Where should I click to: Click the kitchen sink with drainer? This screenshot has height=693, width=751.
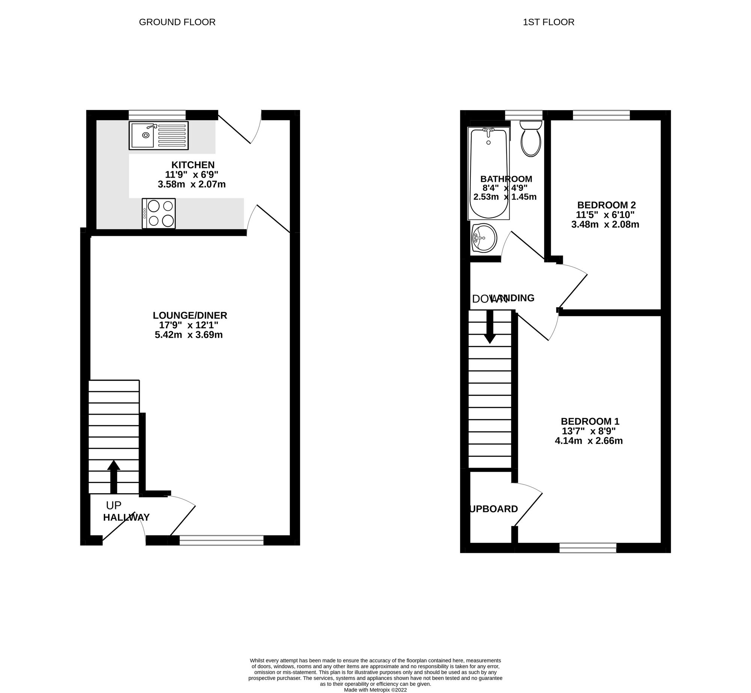pyautogui.click(x=158, y=135)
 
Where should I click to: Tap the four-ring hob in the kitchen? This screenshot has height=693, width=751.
pyautogui.click(x=158, y=213)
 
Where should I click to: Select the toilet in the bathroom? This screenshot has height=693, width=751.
pyautogui.click(x=531, y=139)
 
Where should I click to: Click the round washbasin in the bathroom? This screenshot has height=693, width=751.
pyautogui.click(x=484, y=237)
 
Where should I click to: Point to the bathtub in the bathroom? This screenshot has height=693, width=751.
pyautogui.click(x=489, y=174)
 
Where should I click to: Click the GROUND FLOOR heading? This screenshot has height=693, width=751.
pyautogui.click(x=177, y=22)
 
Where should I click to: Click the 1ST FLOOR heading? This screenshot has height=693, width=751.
pyautogui.click(x=548, y=22)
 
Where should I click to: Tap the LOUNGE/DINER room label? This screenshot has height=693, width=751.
pyautogui.click(x=190, y=315)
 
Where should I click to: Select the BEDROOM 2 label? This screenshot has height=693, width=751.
pyautogui.click(x=606, y=205)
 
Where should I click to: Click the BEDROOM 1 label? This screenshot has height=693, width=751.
pyautogui.click(x=590, y=421)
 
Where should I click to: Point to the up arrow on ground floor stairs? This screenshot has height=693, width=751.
pyautogui.click(x=114, y=476)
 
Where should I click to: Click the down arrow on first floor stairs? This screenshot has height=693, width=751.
pyautogui.click(x=489, y=327)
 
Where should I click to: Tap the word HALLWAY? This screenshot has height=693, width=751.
pyautogui.click(x=126, y=518)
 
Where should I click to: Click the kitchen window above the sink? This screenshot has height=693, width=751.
pyautogui.click(x=157, y=115)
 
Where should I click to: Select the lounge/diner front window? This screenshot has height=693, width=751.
pyautogui.click(x=222, y=540)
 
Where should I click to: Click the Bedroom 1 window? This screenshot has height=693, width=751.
pyautogui.click(x=588, y=548)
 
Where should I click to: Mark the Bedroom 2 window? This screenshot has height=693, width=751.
pyautogui.click(x=601, y=115)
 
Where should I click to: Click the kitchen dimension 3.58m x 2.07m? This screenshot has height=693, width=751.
pyautogui.click(x=192, y=184)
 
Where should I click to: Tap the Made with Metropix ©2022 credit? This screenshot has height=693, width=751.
pyautogui.click(x=375, y=690)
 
